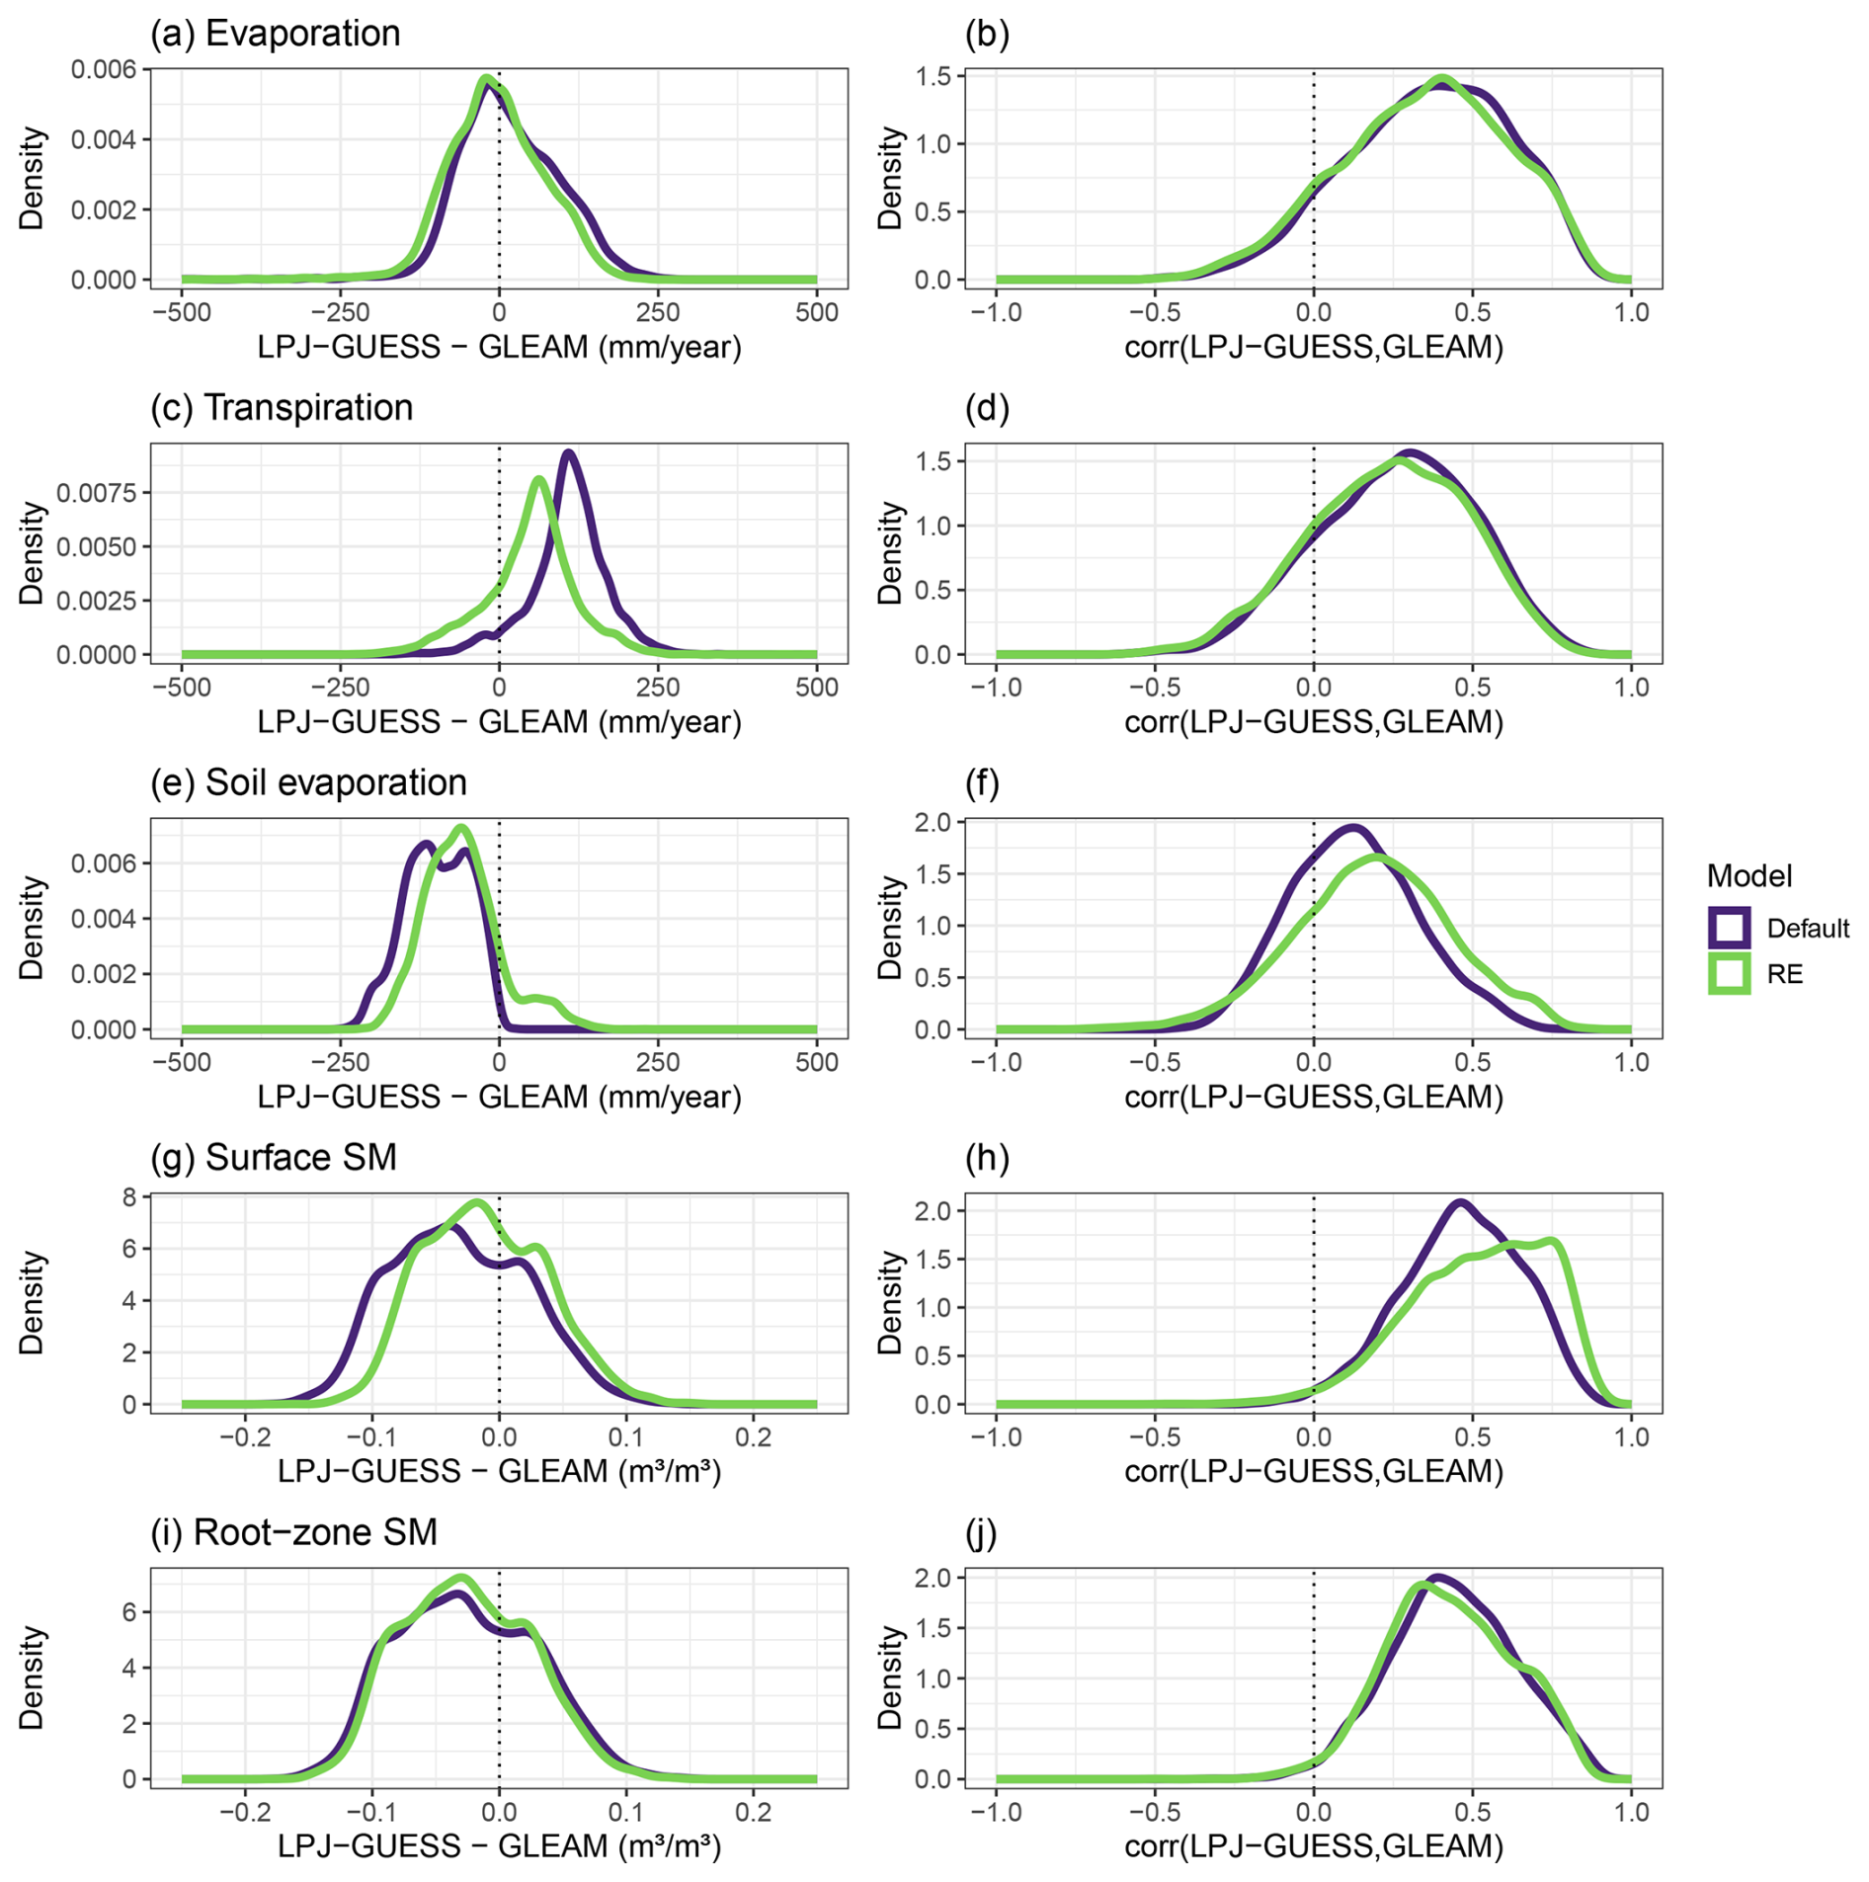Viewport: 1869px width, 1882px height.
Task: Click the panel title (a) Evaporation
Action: [x=275, y=34]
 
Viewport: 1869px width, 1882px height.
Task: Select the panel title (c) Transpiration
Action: [x=282, y=408]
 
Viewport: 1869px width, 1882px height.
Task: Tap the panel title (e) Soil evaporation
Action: [x=308, y=782]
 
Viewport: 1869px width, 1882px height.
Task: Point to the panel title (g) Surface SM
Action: [x=274, y=1157]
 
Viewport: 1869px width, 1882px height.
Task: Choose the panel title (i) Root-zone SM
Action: [x=293, y=1531]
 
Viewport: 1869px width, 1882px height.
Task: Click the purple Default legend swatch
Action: [x=1729, y=928]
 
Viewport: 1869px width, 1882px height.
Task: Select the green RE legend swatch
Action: [x=1729, y=974]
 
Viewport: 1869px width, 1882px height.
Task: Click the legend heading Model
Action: [x=1748, y=876]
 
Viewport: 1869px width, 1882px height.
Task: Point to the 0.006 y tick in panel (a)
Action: [x=103, y=69]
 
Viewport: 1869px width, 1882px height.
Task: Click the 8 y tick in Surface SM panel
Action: [x=128, y=1197]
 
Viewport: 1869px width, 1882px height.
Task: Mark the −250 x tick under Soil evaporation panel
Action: [x=340, y=1062]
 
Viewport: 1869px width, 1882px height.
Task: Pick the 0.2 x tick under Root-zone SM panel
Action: [x=753, y=1812]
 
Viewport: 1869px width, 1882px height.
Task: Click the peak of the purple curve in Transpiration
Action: [x=568, y=453]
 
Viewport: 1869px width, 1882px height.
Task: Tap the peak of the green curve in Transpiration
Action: [x=538, y=480]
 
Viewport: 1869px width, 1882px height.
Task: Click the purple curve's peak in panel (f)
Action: [x=1353, y=828]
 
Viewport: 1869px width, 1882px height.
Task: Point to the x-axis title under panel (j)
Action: [x=1313, y=1845]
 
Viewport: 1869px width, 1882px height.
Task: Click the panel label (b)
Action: [x=986, y=34]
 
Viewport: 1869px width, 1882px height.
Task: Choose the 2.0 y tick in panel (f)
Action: [x=932, y=822]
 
